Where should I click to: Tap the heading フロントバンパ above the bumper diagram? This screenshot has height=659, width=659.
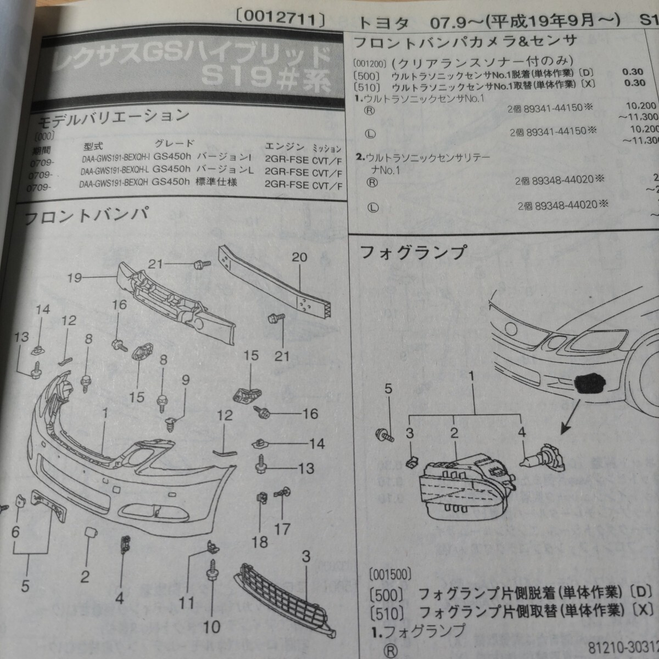point(86,215)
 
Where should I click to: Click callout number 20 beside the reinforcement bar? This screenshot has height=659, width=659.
point(299,257)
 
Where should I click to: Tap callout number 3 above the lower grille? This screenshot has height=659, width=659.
point(306,556)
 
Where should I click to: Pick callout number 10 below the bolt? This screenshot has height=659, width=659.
point(211,626)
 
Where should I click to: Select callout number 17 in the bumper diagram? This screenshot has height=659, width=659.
point(282,529)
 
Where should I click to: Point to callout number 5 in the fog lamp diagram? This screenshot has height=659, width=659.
point(388,389)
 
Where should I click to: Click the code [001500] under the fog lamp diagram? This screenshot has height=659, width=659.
point(390,575)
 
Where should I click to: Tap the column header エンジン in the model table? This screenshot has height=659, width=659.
point(284,146)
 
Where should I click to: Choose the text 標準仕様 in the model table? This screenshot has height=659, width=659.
point(216,182)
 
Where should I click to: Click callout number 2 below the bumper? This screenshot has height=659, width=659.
point(85,576)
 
